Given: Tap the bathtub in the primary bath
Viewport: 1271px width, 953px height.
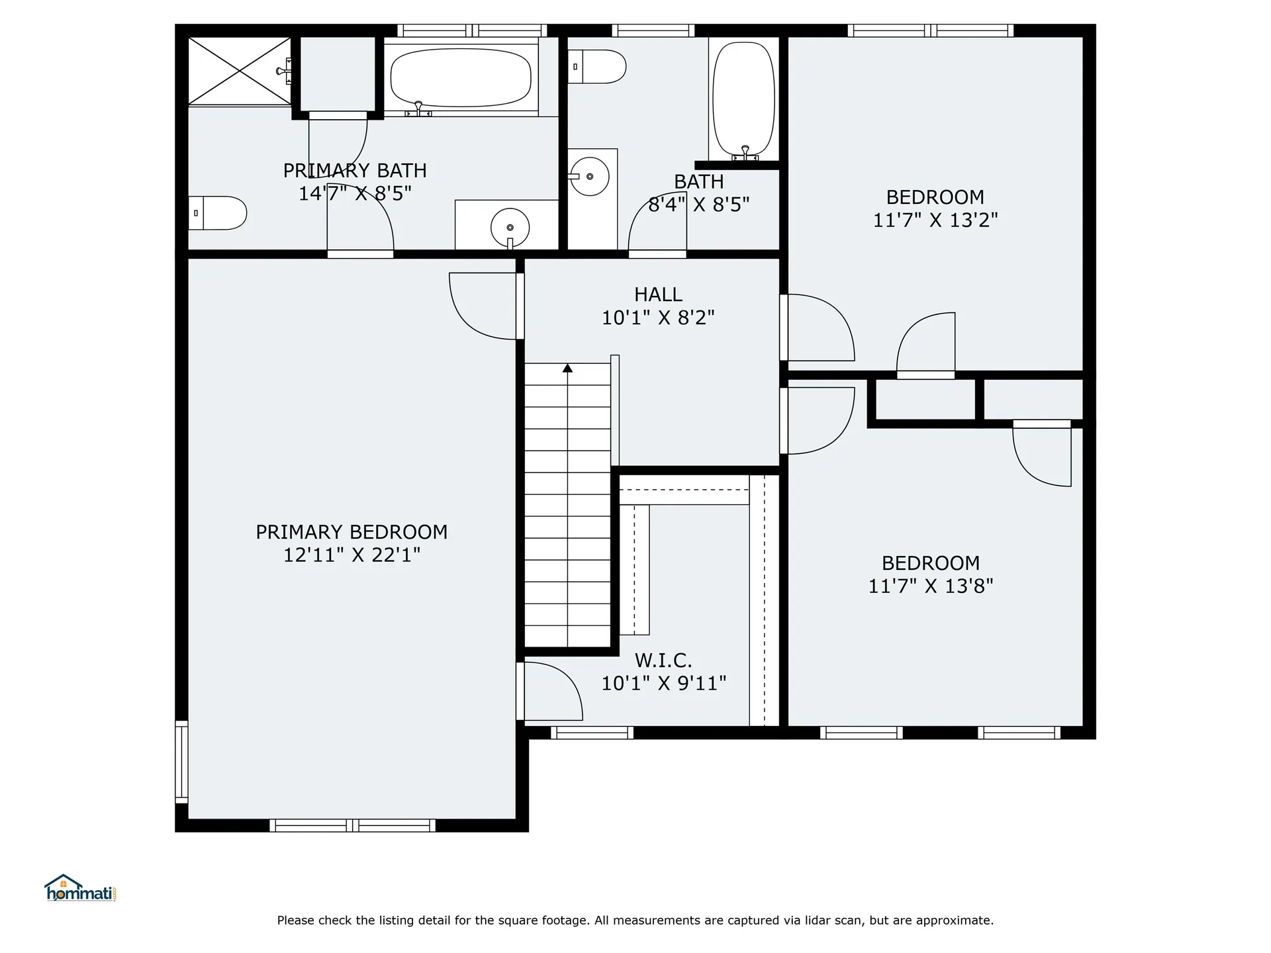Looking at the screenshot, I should pyautogui.click(x=461, y=78).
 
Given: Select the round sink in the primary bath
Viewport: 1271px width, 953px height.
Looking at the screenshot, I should pyautogui.click(x=510, y=227).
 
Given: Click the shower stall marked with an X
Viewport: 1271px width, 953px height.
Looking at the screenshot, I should pyautogui.click(x=239, y=71).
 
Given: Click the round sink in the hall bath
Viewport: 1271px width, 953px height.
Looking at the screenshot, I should pyautogui.click(x=589, y=177).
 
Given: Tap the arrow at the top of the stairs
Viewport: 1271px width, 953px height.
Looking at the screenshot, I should pyautogui.click(x=567, y=368).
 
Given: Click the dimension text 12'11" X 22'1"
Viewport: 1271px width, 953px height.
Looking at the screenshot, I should pyautogui.click(x=352, y=555).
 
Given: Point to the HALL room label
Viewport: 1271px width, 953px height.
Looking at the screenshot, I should pyautogui.click(x=658, y=295).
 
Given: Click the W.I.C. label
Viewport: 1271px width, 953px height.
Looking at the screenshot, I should pyautogui.click(x=663, y=660).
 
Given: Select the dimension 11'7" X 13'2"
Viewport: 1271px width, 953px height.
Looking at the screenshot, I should pyautogui.click(x=935, y=220).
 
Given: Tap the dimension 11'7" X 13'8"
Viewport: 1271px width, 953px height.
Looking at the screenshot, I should pyautogui.click(x=930, y=586).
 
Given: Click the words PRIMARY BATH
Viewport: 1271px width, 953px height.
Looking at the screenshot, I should pyautogui.click(x=355, y=171).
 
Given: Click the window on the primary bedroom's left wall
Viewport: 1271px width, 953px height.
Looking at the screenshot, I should pyautogui.click(x=181, y=762).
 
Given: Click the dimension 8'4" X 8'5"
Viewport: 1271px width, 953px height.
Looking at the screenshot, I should pyautogui.click(x=698, y=204).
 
